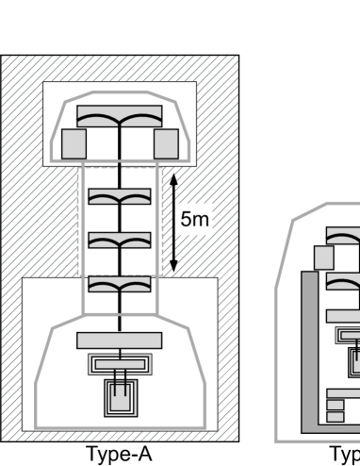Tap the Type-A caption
tap(119, 454)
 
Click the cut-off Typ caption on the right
tap(345, 454)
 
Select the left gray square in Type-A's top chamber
tap(74, 143)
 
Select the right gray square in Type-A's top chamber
tap(166, 143)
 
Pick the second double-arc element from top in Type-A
tap(120, 197)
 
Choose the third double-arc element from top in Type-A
tap(120, 241)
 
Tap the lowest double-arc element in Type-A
tap(120, 283)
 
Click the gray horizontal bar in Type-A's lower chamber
tap(120, 339)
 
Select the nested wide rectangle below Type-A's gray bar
tap(120, 363)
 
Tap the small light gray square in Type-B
tap(324, 258)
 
